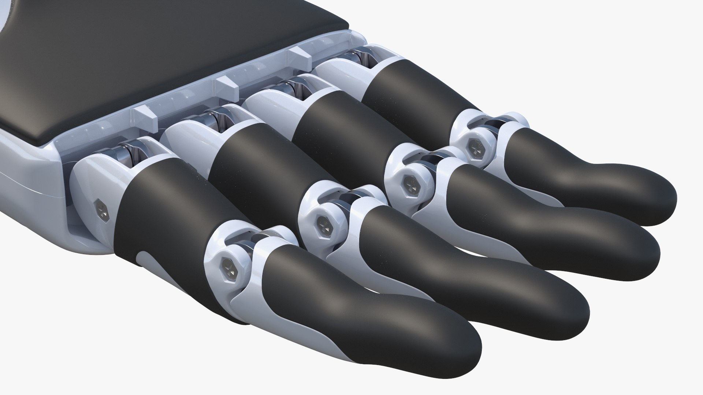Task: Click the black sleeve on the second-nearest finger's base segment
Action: [253, 161]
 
